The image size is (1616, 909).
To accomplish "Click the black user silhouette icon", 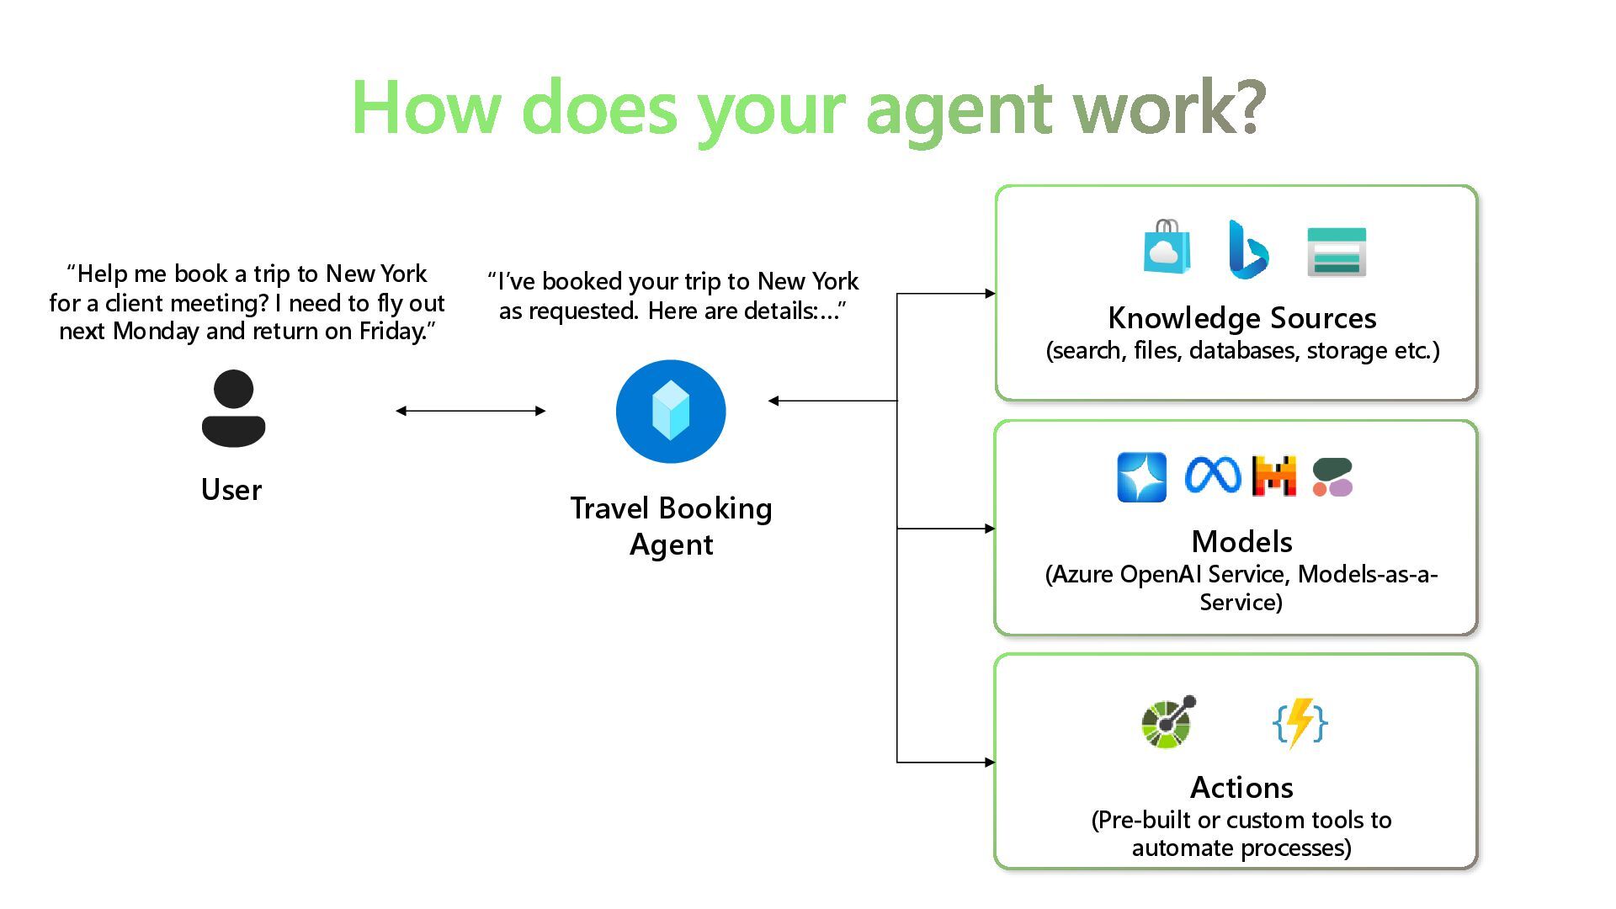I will [x=233, y=408].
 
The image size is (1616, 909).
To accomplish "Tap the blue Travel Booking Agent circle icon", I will [x=671, y=412].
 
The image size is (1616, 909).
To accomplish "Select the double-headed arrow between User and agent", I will [x=470, y=411].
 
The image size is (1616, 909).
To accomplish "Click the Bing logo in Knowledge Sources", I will [x=1247, y=250].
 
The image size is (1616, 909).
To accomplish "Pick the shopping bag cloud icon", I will [x=1167, y=247].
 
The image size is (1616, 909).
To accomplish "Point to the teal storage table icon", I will [x=1336, y=252].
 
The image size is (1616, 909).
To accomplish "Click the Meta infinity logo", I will [x=1212, y=476].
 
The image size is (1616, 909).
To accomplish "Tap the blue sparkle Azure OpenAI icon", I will [x=1141, y=477].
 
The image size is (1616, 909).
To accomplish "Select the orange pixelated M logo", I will [x=1273, y=476].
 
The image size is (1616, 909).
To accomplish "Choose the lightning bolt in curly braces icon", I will [x=1300, y=722].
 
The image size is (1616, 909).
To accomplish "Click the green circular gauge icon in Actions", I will [x=1167, y=722].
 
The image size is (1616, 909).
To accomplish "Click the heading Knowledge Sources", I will [x=1241, y=318].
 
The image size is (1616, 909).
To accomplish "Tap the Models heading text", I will [x=1241, y=541].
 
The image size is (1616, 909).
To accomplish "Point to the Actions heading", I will [x=1241, y=788].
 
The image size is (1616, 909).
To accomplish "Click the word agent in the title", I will [x=958, y=109].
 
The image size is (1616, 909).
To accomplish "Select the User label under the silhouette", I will [x=231, y=490].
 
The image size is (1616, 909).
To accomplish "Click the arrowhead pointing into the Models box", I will [x=990, y=529].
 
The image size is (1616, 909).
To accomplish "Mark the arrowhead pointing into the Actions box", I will [x=990, y=763].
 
